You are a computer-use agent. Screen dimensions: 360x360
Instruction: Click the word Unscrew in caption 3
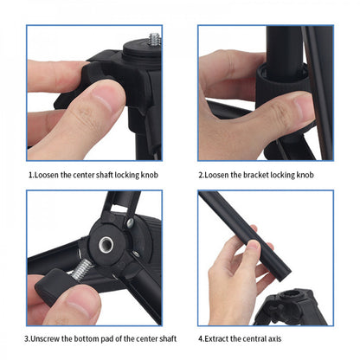[48, 338]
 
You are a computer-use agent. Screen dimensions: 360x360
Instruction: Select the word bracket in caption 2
[255, 175]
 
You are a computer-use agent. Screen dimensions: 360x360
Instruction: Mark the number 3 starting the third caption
[28, 338]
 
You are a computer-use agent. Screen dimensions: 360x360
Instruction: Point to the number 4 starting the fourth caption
[201, 338]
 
